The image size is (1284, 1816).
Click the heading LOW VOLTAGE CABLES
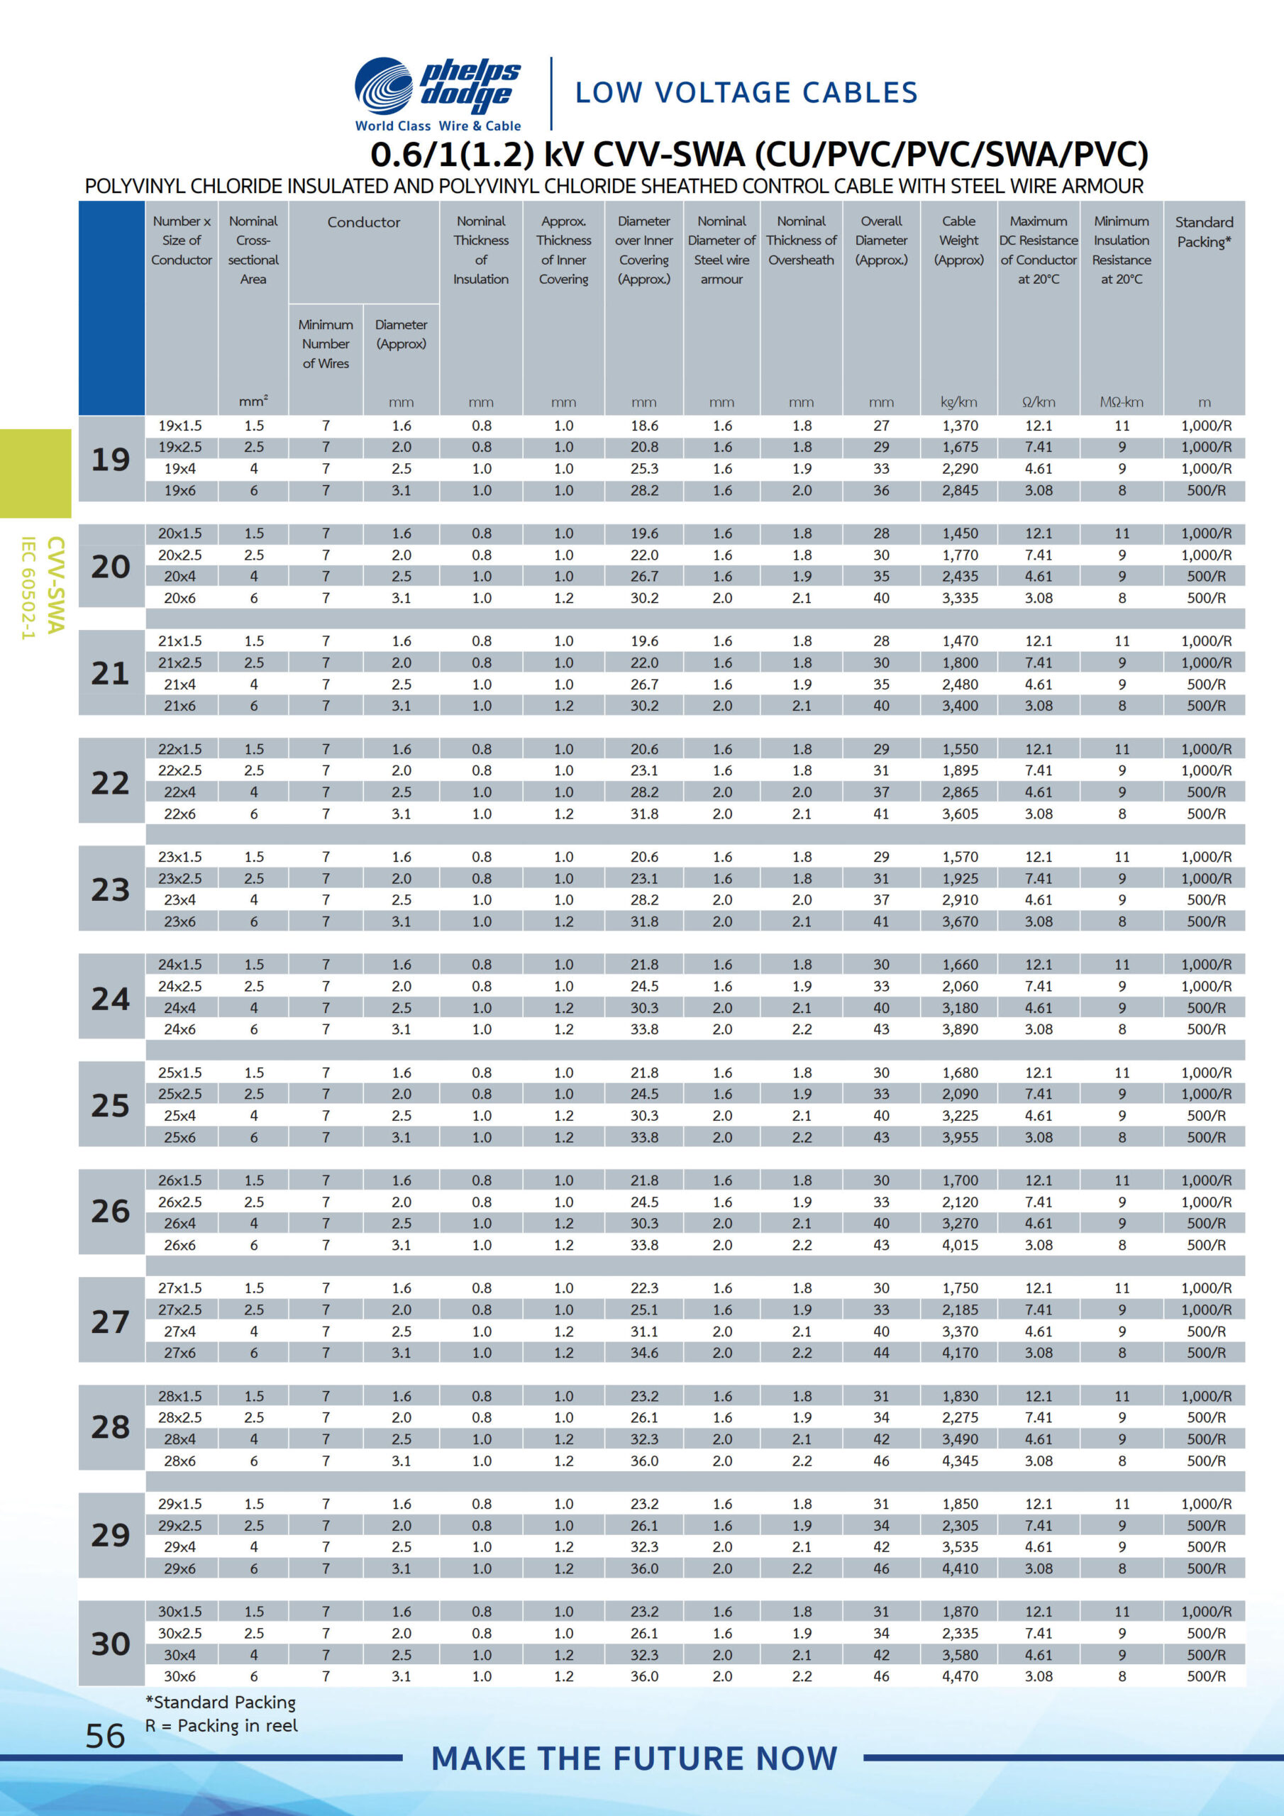coord(746,92)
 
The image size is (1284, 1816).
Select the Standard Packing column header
coord(1203,232)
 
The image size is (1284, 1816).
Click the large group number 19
coord(111,459)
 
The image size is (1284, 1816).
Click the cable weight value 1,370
coord(960,426)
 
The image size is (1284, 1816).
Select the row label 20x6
coord(179,598)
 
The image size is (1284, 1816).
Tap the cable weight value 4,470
coord(960,1676)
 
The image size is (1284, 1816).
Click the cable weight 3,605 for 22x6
coord(960,814)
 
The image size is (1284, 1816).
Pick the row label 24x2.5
coord(179,986)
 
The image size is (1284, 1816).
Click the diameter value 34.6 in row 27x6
coord(644,1353)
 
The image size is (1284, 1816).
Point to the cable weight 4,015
coord(960,1245)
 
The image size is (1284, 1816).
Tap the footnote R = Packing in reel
coord(221,1726)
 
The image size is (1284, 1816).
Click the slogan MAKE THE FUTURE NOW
coord(633,1759)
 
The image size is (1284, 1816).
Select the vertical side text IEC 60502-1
coord(29,587)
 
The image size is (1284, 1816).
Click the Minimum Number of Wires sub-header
coord(325,344)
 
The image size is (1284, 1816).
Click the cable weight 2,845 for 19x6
coord(960,490)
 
